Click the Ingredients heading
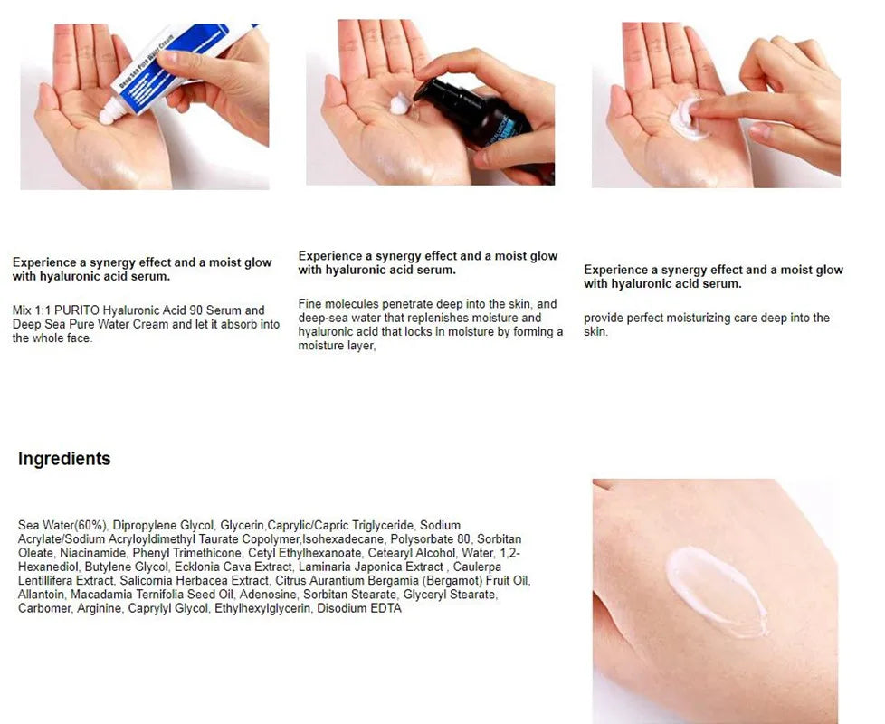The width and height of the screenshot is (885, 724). point(64,459)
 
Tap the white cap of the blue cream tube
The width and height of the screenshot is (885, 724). point(112,111)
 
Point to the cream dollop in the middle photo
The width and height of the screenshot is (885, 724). point(400,104)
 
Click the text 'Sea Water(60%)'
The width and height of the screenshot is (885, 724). point(62,526)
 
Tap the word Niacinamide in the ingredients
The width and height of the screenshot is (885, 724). point(93,553)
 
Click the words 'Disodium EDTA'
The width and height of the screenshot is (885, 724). point(359,608)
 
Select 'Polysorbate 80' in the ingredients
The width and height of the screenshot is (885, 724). point(430,539)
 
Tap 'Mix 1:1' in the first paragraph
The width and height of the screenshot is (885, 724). point(32,310)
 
